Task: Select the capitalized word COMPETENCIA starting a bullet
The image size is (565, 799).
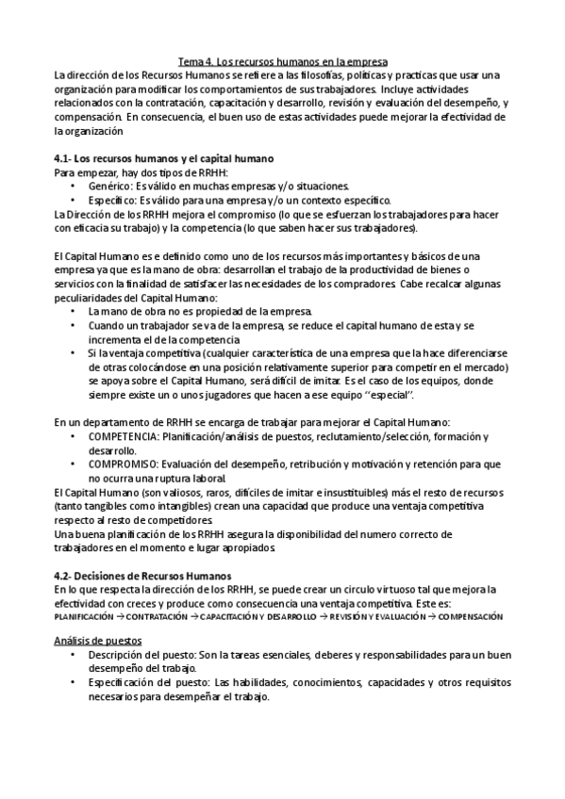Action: click(124, 437)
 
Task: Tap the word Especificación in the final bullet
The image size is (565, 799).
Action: click(126, 682)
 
